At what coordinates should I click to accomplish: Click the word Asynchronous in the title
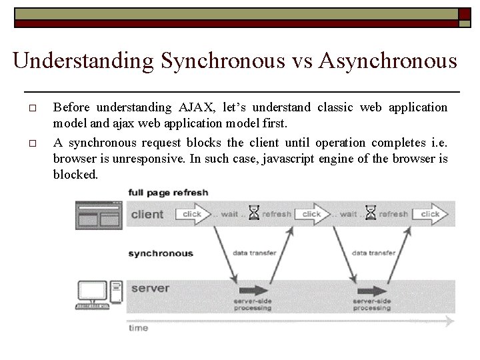(x=388, y=61)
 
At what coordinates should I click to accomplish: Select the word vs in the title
(x=301, y=61)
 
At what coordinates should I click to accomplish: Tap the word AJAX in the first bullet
(x=199, y=107)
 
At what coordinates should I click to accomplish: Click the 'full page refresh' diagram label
(x=168, y=193)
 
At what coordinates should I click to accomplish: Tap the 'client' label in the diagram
(x=147, y=214)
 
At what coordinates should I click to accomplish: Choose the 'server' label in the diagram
(x=150, y=289)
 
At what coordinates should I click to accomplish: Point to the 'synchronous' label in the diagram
(x=160, y=253)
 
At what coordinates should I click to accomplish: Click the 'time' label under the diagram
(x=138, y=327)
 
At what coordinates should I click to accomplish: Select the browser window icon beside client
(x=98, y=215)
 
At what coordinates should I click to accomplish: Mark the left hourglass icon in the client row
(x=253, y=213)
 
